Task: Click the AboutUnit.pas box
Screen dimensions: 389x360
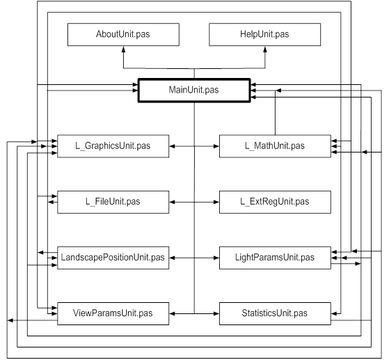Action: (x=123, y=35)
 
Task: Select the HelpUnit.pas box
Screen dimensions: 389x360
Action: (x=264, y=35)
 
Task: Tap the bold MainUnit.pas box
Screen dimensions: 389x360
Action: (x=194, y=90)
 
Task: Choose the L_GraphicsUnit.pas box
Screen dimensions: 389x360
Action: (x=113, y=146)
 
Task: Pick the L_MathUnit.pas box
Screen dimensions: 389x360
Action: (x=275, y=146)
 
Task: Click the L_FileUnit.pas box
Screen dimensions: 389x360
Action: (x=113, y=202)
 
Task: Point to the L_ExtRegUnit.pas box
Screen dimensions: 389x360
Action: (x=275, y=202)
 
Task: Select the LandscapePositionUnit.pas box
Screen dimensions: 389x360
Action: (x=113, y=258)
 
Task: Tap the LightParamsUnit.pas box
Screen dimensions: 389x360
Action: (x=275, y=258)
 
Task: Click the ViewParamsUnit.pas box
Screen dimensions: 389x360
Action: (x=113, y=313)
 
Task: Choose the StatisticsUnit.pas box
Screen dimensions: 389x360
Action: (x=275, y=313)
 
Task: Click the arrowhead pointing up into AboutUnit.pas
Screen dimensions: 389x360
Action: (x=124, y=49)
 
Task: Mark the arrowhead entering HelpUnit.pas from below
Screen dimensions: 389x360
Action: (x=265, y=49)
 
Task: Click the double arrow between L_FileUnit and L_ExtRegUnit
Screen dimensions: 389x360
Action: (x=194, y=202)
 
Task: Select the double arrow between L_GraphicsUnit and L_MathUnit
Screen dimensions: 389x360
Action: (x=194, y=146)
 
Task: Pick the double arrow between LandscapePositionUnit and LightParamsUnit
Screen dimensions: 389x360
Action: (x=194, y=258)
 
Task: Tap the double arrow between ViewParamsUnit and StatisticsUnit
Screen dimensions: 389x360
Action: (x=194, y=314)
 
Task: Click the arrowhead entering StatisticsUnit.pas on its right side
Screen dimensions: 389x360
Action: (x=334, y=313)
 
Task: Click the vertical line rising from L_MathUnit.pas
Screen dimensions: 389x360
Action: (x=275, y=113)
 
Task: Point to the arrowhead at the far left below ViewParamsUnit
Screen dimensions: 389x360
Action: (x=10, y=320)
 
